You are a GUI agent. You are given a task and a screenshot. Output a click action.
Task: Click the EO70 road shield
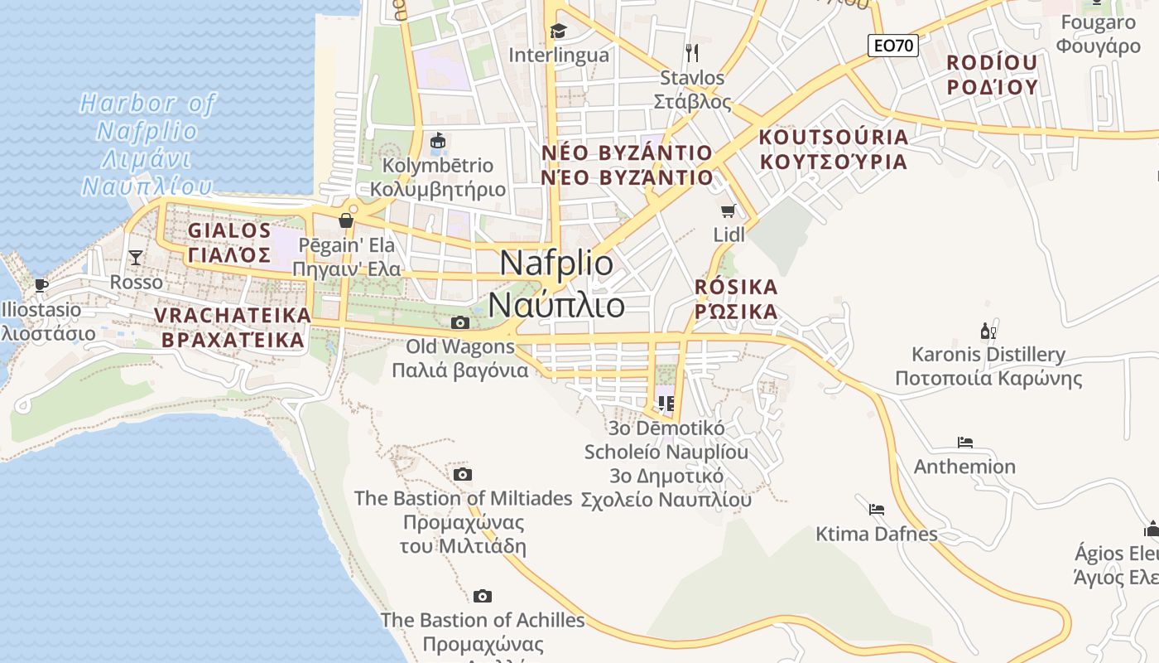coord(893,46)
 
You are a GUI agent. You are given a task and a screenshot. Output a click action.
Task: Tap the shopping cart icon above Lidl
coord(729,211)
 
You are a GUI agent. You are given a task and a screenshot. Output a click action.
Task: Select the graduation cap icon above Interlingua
coord(558,31)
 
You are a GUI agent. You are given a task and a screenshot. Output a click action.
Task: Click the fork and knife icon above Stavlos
coord(692,53)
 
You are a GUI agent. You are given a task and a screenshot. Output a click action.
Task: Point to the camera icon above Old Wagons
coord(460,322)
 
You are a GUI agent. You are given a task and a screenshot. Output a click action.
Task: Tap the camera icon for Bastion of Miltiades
coord(463,474)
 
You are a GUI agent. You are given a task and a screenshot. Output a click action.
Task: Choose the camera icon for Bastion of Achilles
coord(483,596)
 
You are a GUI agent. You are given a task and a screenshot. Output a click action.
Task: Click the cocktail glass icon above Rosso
coord(136,258)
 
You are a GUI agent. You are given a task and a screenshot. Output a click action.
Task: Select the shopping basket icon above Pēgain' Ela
coord(346,220)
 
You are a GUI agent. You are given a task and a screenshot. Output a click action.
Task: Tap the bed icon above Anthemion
coord(964,443)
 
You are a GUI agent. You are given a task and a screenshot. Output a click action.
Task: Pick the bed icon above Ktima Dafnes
coord(877,509)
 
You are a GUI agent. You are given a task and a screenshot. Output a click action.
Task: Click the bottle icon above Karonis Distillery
coord(988,331)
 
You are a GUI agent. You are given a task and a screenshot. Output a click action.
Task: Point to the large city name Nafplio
coord(557,264)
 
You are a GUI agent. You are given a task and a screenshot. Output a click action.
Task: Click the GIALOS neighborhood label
coord(229,230)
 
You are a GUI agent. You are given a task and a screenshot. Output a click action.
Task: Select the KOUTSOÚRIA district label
coord(833,137)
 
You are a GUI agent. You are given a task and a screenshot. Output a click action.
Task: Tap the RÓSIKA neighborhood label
coord(736,288)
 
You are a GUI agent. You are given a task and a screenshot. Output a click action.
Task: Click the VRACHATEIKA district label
coord(233,315)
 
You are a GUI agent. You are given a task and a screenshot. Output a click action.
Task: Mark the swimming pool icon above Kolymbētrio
coord(437,141)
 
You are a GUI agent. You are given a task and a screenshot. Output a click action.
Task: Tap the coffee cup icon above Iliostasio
coord(41,286)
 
